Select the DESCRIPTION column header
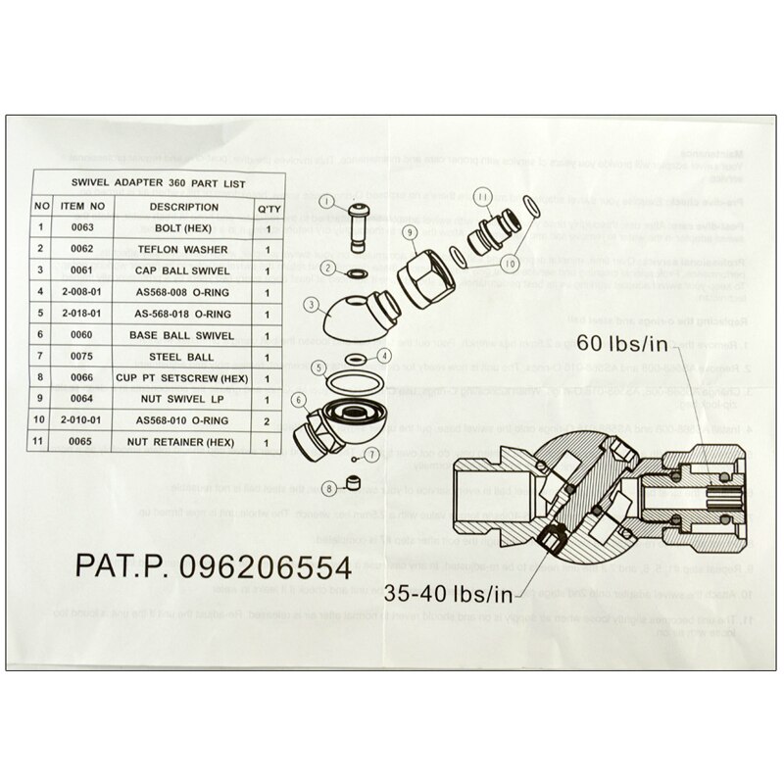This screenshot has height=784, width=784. (184, 207)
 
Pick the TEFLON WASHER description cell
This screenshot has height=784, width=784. (184, 249)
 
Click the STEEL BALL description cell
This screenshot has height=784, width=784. (184, 357)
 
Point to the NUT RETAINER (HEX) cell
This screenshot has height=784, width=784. (184, 443)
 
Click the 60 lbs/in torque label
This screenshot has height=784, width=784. (636, 343)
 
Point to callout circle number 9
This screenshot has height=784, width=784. (409, 231)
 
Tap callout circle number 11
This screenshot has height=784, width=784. (483, 197)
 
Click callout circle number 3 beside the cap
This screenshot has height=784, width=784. (312, 305)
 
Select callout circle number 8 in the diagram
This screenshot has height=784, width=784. (329, 487)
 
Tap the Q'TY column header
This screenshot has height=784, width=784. (267, 207)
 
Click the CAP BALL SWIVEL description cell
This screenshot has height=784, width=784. (184, 270)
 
